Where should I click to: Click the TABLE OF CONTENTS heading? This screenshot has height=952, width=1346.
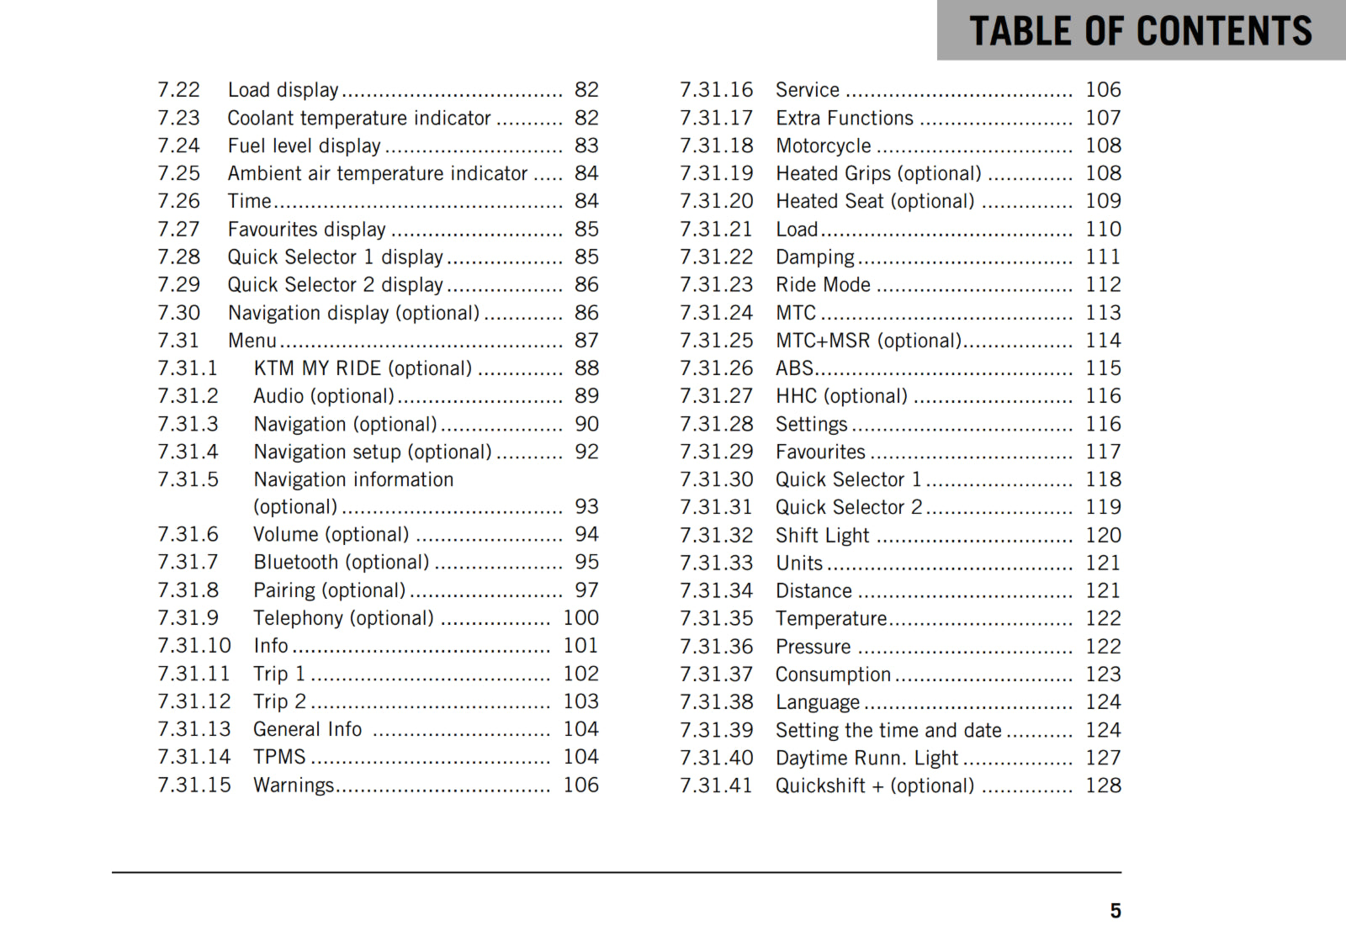[x=1140, y=31]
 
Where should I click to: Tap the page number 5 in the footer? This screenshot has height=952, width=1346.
[x=1115, y=911]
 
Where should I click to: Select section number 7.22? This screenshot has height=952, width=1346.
[x=178, y=90]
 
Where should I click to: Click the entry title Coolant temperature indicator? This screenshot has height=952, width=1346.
[x=359, y=118]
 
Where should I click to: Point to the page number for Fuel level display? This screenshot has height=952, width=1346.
[x=586, y=145]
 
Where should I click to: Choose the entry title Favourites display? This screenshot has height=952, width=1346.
[x=306, y=229]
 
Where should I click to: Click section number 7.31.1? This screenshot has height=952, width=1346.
[x=188, y=368]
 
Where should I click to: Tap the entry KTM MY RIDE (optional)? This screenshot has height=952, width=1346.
[x=363, y=368]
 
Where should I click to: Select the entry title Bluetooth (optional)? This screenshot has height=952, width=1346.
[x=341, y=562]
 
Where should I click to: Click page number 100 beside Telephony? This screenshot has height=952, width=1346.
[x=580, y=618]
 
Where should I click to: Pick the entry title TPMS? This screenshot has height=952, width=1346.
[x=279, y=757]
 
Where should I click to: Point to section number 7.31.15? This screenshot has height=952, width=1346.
[x=194, y=785]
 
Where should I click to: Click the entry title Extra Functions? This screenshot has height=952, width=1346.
[x=844, y=118]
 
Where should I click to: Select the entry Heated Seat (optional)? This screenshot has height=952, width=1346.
[x=875, y=201]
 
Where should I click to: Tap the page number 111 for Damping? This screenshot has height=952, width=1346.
[x=1103, y=257]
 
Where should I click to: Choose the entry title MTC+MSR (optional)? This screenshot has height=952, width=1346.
[x=868, y=341]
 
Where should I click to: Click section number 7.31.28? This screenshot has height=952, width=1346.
[x=717, y=424]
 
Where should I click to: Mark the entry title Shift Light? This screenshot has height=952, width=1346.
[x=822, y=535]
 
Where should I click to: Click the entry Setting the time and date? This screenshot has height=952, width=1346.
[x=888, y=730]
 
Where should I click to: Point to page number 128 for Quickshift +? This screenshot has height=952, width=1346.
[x=1103, y=785]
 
